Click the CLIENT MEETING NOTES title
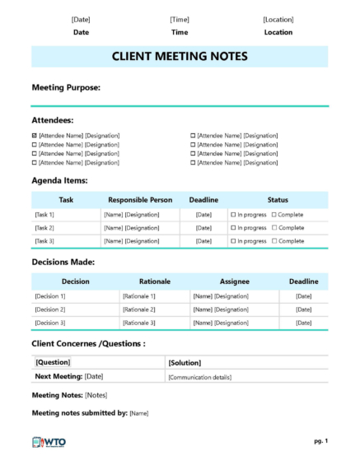pos(179,57)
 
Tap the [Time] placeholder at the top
pos(180,19)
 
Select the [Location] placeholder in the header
pos(278,19)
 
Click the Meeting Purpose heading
pos(66,86)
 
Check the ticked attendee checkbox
pos(34,135)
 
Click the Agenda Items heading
pos(59,180)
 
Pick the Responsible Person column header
pos(140,199)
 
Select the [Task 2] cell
pos(44,227)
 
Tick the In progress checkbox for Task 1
pos(233,214)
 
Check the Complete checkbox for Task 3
pos(274,241)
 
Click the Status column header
pos(278,199)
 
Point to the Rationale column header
pos(155,281)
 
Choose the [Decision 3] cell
pos(50,323)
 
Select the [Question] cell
pos(53,362)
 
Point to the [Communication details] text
pos(199,377)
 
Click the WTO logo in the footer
pos(49,442)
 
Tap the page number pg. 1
pos(320,441)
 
